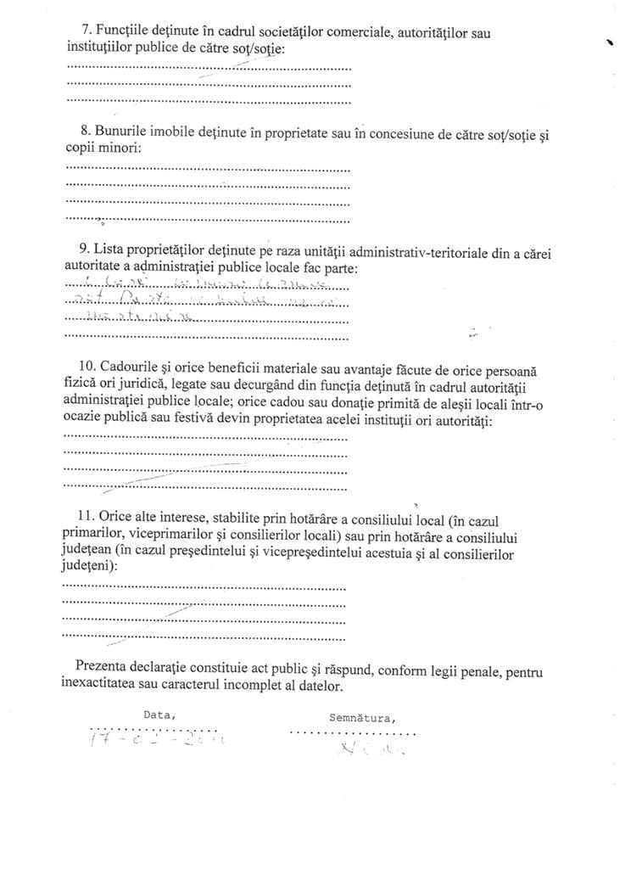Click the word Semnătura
pyautogui.click(x=361, y=717)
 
